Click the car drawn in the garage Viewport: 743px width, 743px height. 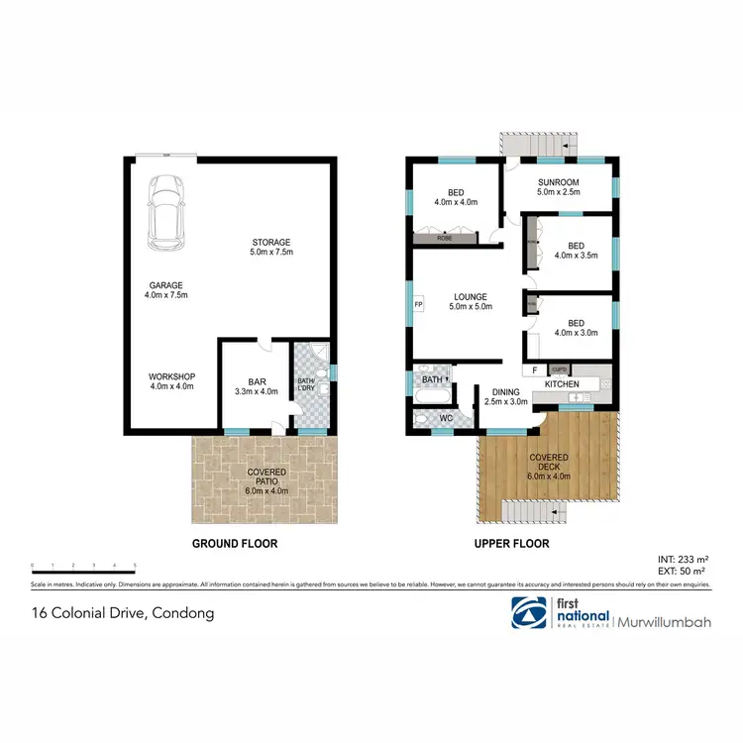click(165, 213)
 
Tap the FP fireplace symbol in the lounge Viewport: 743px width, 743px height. click(418, 303)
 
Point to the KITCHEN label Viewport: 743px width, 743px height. click(563, 383)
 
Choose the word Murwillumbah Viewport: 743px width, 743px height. click(666, 621)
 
